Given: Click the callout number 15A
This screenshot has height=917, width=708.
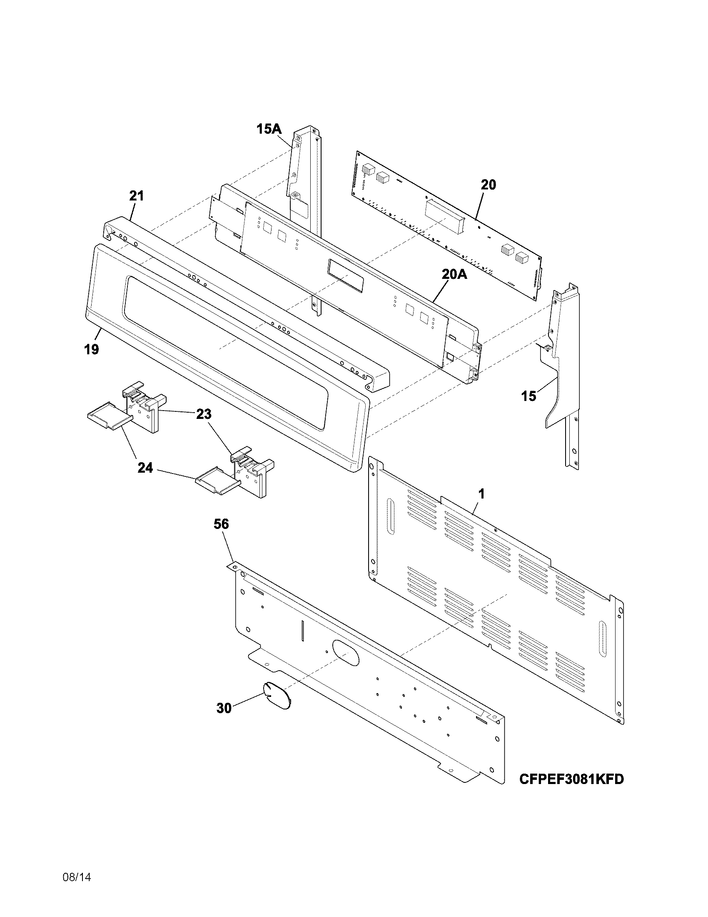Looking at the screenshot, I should click(269, 129).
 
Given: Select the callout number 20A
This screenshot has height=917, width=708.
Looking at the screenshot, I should click(454, 274).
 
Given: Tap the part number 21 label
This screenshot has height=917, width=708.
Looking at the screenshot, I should click(136, 195).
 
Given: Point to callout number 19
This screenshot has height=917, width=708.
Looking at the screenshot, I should click(92, 349).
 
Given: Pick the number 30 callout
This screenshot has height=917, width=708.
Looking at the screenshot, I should click(224, 708).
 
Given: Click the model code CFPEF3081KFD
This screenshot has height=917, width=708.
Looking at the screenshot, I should click(571, 779).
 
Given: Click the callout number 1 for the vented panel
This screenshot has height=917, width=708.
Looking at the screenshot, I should click(481, 494).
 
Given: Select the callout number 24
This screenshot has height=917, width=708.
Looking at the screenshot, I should click(145, 468).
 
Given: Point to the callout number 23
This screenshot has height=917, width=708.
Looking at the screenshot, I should click(204, 414).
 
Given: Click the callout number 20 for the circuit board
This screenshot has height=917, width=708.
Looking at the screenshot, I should click(488, 185).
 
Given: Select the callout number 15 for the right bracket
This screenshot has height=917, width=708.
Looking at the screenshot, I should click(529, 396).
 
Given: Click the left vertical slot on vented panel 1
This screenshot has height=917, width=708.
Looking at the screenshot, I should click(391, 516).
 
